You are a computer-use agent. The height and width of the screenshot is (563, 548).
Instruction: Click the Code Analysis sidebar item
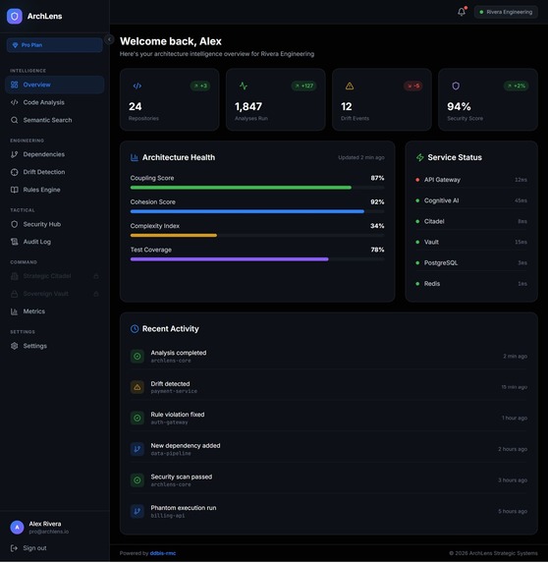tap(43, 102)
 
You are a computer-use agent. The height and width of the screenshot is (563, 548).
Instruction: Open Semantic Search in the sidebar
tap(47, 120)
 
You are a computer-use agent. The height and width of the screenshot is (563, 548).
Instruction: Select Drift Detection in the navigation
tap(43, 172)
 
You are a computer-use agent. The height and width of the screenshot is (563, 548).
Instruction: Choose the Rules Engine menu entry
tap(41, 190)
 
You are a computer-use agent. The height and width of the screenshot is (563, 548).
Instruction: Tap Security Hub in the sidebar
tap(41, 224)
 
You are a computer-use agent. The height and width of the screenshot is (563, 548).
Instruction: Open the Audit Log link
tap(36, 242)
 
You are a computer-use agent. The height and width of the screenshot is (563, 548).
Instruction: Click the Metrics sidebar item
tap(33, 311)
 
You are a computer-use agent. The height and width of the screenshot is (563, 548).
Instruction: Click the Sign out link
tap(34, 548)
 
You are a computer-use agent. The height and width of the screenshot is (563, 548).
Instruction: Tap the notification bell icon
tap(462, 12)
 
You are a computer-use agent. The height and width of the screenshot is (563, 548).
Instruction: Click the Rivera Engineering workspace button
tap(506, 12)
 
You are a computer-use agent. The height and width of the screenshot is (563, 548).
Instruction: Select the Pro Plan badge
tap(55, 44)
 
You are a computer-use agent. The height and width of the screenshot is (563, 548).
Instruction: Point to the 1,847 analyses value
tap(248, 106)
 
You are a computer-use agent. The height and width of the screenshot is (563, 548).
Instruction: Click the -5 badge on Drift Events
tap(413, 85)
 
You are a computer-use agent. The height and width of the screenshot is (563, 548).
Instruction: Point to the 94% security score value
tap(459, 106)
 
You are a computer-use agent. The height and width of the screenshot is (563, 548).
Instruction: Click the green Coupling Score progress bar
tap(241, 187)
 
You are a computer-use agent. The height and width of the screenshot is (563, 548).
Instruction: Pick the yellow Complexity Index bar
tap(174, 236)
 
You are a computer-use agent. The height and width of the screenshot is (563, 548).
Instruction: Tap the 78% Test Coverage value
tap(377, 250)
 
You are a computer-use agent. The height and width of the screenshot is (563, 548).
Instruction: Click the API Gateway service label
tap(441, 180)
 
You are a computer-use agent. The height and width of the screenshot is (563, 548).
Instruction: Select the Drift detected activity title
tap(170, 384)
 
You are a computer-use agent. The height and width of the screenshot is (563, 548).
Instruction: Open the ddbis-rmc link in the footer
tap(163, 553)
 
